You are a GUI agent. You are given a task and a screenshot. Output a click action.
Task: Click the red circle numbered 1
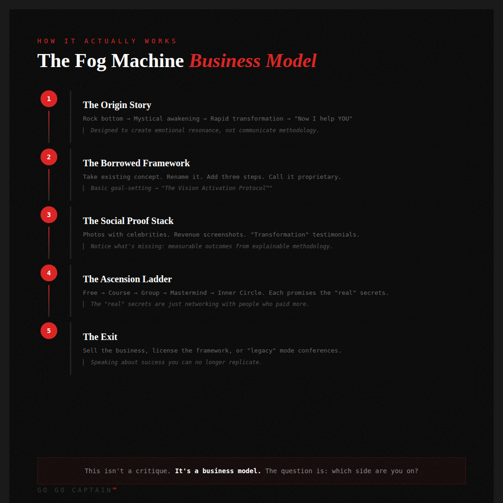49,99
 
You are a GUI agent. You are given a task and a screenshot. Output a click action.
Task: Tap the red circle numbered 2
49,157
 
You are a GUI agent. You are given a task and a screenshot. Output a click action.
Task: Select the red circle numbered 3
49,215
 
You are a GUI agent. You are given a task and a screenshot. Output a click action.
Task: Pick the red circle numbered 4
49,273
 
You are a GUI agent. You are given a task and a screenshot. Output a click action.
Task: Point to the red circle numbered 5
49,331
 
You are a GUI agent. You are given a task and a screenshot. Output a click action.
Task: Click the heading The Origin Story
117,105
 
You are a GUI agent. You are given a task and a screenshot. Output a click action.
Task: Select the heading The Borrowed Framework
136,163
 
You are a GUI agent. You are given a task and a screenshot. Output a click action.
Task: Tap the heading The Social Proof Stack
128,221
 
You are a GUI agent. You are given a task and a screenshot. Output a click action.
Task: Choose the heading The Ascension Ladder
127,279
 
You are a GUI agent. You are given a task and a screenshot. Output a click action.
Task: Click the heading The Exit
100,337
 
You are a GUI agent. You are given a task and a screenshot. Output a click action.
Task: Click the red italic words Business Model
253,61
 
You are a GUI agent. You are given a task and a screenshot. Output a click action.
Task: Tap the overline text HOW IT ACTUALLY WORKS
107,41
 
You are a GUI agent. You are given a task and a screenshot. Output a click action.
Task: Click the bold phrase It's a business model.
218,471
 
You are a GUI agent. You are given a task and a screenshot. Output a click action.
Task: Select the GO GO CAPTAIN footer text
77,490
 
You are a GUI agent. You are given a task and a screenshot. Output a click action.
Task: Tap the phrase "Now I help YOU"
323,119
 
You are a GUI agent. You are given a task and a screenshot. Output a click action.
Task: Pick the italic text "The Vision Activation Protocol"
217,188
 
